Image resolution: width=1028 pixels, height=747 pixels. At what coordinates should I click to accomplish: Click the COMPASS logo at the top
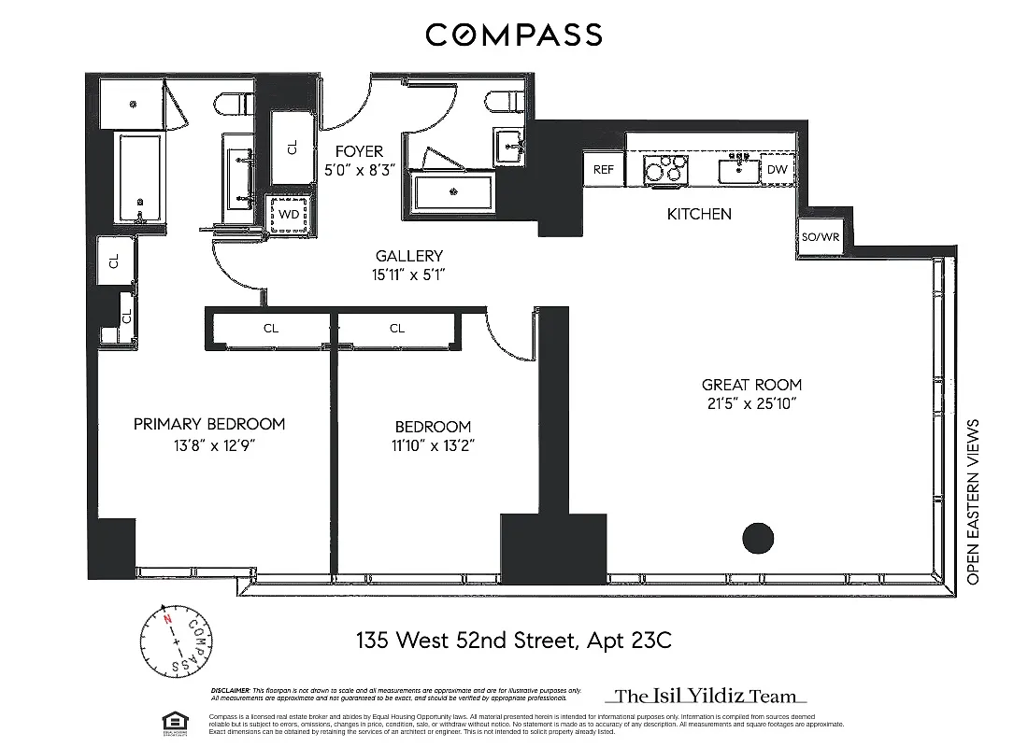(x=514, y=35)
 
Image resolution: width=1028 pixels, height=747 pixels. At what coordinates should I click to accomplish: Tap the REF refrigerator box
(x=604, y=170)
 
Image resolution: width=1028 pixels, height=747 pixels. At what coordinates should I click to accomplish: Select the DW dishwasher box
(x=777, y=170)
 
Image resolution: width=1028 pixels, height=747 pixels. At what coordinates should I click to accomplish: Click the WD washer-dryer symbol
(x=290, y=215)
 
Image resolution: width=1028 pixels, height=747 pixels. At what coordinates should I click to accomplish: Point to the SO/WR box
(x=821, y=237)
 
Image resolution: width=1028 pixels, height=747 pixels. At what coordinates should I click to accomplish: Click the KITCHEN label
(x=699, y=214)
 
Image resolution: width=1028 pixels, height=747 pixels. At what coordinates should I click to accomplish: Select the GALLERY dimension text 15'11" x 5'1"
(x=408, y=275)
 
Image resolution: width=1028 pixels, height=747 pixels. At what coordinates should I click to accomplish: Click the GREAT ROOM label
(x=751, y=385)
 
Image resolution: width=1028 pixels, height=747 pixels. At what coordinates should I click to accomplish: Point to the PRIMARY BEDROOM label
(x=209, y=424)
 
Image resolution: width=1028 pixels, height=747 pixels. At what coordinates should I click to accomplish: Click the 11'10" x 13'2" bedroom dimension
(x=433, y=445)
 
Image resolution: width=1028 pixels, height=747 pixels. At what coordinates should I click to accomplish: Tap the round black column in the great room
(x=758, y=538)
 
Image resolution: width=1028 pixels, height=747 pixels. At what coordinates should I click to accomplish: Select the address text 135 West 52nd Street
(x=467, y=641)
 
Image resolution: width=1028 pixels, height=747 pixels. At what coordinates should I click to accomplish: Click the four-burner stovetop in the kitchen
(x=664, y=170)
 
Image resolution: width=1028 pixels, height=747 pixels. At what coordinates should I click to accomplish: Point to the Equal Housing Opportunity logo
(x=172, y=720)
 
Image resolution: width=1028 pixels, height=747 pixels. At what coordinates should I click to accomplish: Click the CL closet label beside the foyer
(x=292, y=148)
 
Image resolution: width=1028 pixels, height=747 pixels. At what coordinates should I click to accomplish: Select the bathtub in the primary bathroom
(x=140, y=177)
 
